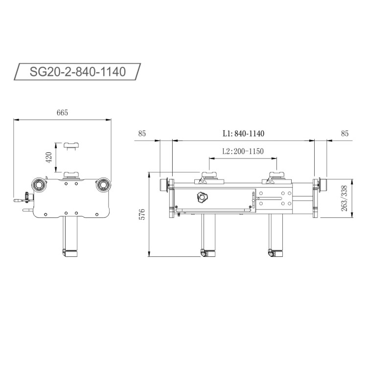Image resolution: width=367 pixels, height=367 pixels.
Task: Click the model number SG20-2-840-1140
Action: pyautogui.click(x=78, y=72)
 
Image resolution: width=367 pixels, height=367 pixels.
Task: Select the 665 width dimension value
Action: pyautogui.click(x=62, y=113)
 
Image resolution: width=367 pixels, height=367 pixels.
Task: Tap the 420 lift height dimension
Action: pyautogui.click(x=48, y=158)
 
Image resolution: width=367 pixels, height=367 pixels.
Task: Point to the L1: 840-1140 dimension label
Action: pyautogui.click(x=243, y=133)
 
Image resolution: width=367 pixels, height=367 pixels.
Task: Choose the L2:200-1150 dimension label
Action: pyautogui.click(x=243, y=151)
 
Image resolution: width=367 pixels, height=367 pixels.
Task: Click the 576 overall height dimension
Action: pyautogui.click(x=142, y=214)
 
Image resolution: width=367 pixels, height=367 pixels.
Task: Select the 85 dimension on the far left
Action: pyautogui.click(x=142, y=133)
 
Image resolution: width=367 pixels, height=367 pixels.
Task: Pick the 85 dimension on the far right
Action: pyautogui.click(x=344, y=133)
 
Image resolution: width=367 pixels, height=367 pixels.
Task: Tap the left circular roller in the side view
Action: pyautogui.click(x=39, y=184)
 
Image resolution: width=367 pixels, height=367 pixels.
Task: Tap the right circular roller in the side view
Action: pyautogui.click(x=103, y=184)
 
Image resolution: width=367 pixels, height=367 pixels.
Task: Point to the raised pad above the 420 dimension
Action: pyautogui.click(x=71, y=145)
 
